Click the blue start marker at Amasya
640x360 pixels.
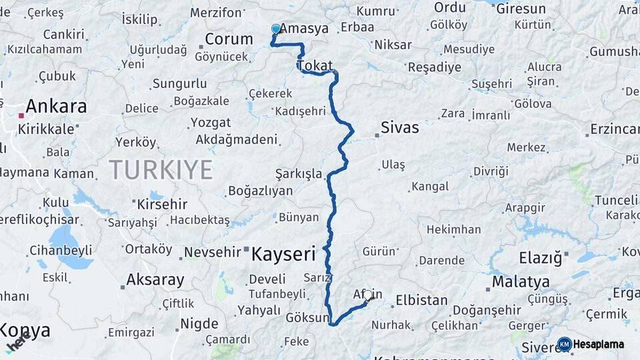click(276, 29)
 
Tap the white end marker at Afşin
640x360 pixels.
click(367, 295)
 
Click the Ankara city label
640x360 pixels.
click(57, 107)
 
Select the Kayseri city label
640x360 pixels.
click(283, 253)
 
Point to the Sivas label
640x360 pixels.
click(400, 127)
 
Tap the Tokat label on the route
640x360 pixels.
click(315, 65)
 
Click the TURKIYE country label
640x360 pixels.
click(161, 169)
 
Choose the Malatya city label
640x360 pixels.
click(521, 282)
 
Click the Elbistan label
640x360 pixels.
click(421, 300)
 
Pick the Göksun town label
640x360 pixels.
click(309, 317)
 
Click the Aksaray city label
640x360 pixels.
click(155, 279)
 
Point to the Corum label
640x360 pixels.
click(229, 39)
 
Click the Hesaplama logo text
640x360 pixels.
click(599, 344)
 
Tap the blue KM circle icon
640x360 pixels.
click(564, 344)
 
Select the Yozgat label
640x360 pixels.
click(211, 123)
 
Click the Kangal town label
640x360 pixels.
click(430, 187)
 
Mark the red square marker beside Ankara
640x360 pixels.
click(21, 115)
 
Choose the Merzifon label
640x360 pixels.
click(216, 13)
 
